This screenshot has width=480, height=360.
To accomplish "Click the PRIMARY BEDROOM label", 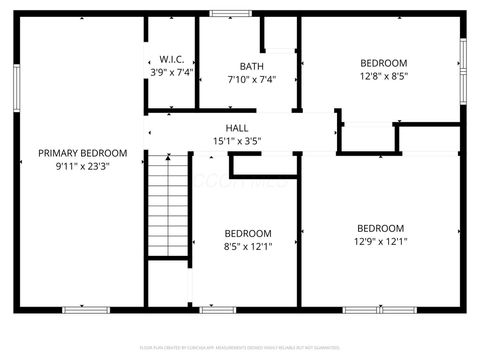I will (x=83, y=153).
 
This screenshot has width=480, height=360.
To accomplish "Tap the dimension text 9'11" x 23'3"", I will (x=83, y=166).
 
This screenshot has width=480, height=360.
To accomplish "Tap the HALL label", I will (x=237, y=128).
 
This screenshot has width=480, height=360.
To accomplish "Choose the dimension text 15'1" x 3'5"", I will (x=237, y=141).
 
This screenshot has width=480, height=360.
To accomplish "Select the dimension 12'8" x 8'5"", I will (x=383, y=75).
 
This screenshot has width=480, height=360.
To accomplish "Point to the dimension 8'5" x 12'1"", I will (x=248, y=244).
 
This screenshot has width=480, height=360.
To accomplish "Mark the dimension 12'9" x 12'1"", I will (x=380, y=240).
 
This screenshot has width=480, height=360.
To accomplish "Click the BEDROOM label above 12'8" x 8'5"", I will (x=383, y=62).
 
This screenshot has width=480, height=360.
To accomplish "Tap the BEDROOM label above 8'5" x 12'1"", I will (x=248, y=231).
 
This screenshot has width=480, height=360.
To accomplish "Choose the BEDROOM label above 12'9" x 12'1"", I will (x=380, y=227).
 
